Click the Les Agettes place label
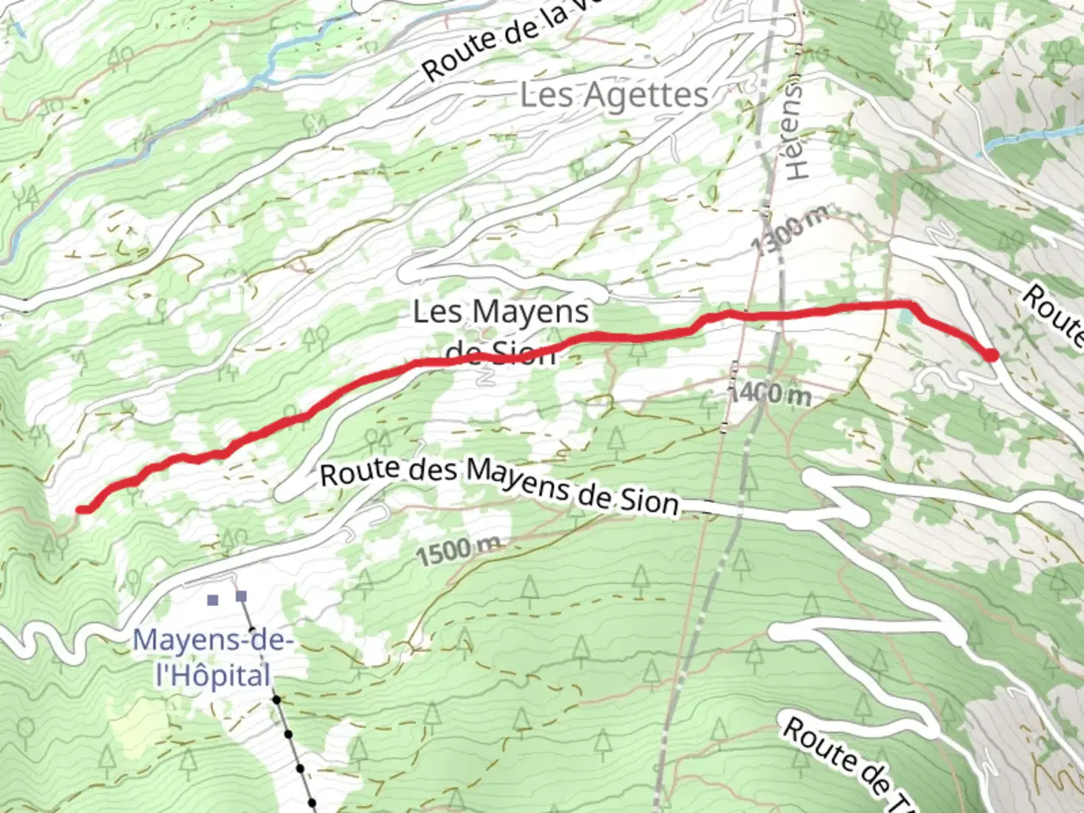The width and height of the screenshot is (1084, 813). (614, 96)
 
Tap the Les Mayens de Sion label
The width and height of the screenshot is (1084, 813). (501, 331)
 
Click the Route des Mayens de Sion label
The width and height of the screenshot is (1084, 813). (499, 486)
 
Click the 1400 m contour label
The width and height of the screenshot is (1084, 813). (769, 392)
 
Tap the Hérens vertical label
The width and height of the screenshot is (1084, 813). (796, 128)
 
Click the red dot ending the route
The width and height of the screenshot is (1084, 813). (992, 355)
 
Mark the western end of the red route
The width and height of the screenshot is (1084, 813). (81, 510)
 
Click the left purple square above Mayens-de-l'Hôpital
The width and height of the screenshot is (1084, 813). (213, 600)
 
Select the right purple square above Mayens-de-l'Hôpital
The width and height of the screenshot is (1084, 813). (241, 597)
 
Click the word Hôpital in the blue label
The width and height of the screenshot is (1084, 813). (212, 675)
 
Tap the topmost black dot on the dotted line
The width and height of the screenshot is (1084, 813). (277, 700)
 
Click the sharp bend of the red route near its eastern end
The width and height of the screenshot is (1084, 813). (911, 304)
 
